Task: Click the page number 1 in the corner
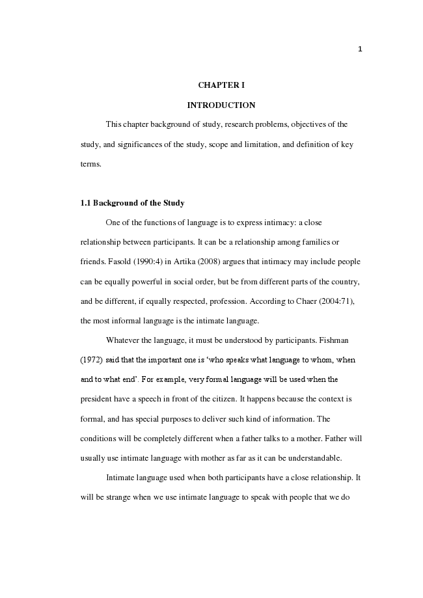[360, 49]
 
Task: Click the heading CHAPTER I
[221, 85]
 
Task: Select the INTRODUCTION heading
[221, 105]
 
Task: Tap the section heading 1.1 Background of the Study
[132, 203]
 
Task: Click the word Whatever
[123, 340]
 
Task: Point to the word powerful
[154, 282]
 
